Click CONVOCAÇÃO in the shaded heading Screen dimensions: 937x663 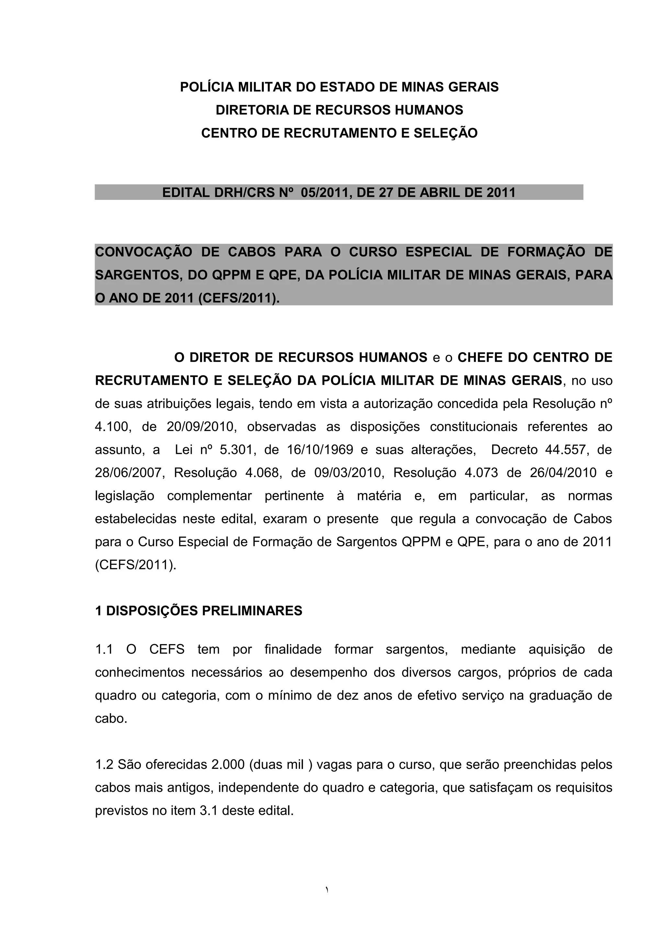[x=143, y=252]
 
